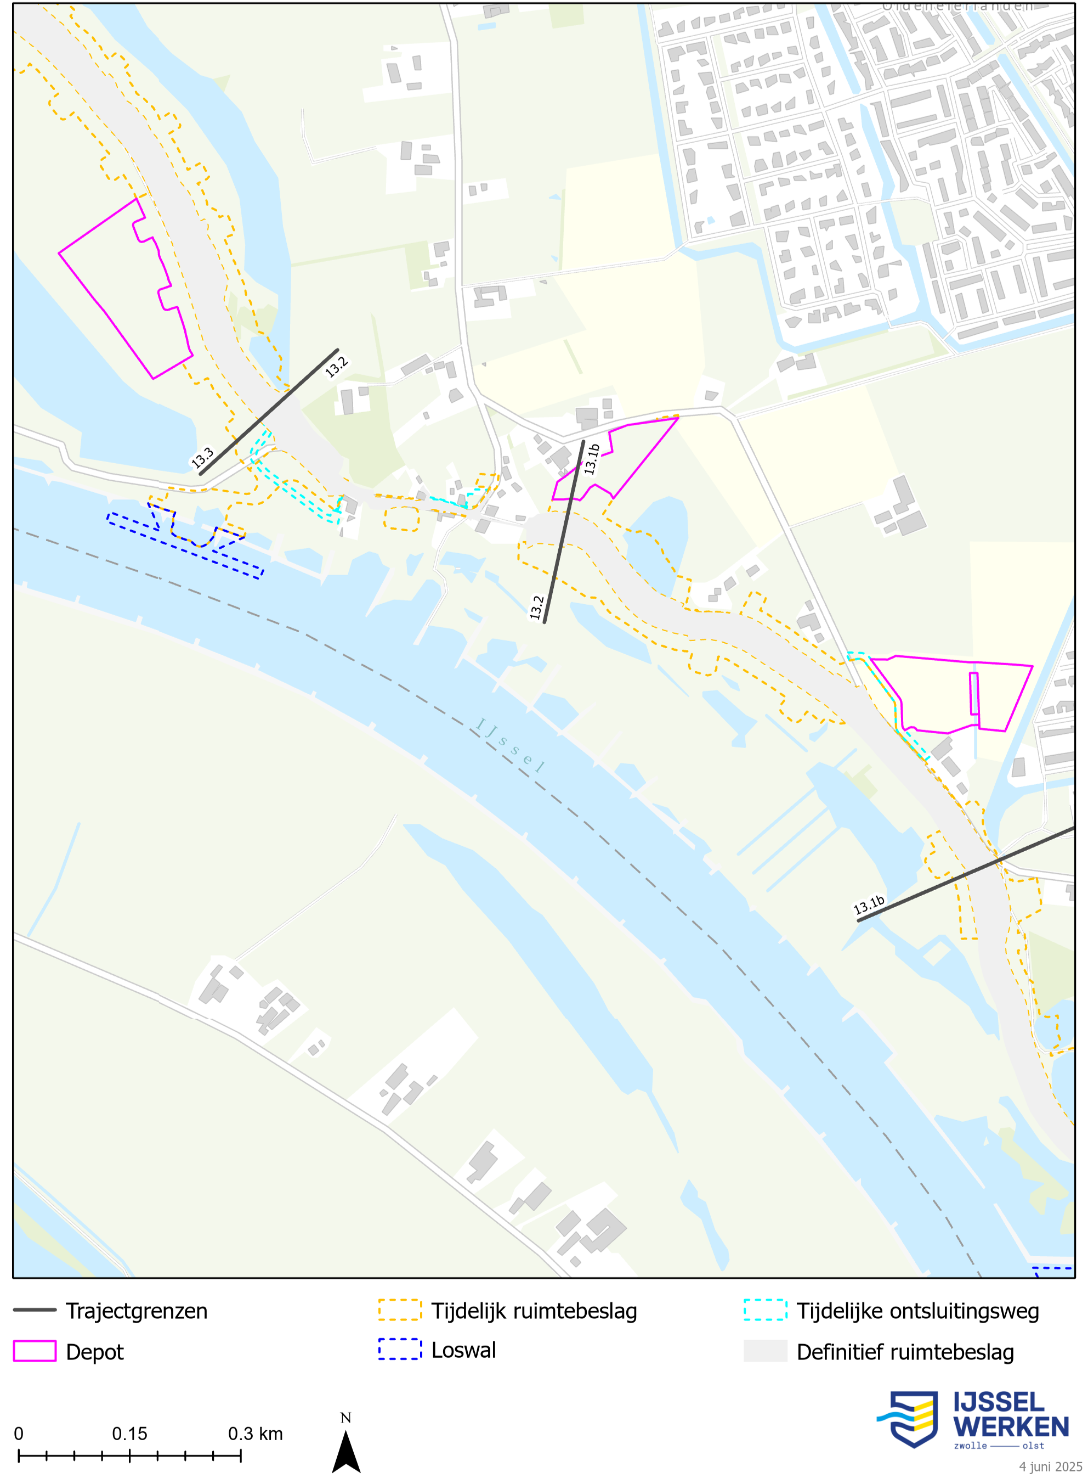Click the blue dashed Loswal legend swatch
[x=400, y=1350]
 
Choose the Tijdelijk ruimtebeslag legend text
[x=534, y=1311]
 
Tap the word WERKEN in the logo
[x=1010, y=1426]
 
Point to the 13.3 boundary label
[x=202, y=457]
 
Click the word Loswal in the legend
[x=463, y=1351]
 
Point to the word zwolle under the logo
[x=970, y=1446]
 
